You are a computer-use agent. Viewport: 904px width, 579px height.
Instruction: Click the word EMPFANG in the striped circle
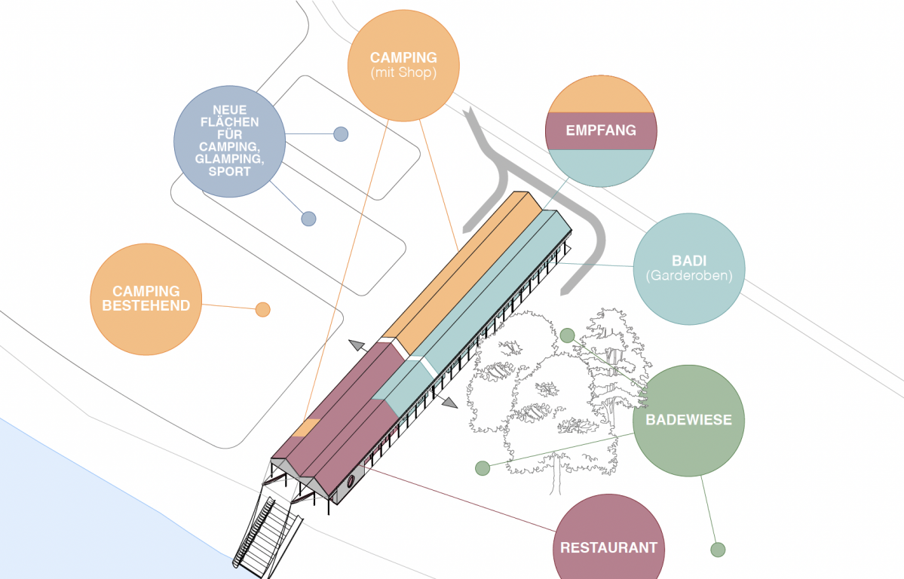pyautogui.click(x=601, y=130)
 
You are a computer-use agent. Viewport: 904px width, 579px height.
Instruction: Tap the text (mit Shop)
pyautogui.click(x=403, y=73)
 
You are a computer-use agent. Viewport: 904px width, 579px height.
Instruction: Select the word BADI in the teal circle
pyautogui.click(x=688, y=262)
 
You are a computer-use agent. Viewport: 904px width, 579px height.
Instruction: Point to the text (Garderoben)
pyautogui.click(x=688, y=276)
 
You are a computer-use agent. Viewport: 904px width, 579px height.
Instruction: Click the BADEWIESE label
pyautogui.click(x=688, y=420)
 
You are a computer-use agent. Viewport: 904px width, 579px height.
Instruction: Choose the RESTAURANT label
pyautogui.click(x=608, y=548)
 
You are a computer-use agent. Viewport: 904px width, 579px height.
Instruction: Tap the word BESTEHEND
pyautogui.click(x=146, y=305)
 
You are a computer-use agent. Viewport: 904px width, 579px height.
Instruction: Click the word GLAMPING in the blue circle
pyautogui.click(x=229, y=160)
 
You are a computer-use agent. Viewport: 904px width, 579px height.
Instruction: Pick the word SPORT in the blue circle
pyautogui.click(x=229, y=172)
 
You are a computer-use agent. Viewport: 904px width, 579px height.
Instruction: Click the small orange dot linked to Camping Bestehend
pyautogui.click(x=262, y=309)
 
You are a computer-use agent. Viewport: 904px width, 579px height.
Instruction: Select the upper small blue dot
pyautogui.click(x=341, y=134)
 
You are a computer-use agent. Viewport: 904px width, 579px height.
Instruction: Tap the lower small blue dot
pyautogui.click(x=308, y=219)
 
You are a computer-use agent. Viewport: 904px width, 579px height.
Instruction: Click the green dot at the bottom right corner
pyautogui.click(x=718, y=550)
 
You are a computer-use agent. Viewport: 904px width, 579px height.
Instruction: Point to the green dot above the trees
pyautogui.click(x=567, y=335)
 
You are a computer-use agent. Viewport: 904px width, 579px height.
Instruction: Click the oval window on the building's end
pyautogui.click(x=351, y=481)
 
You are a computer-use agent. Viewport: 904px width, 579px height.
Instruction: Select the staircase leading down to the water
pyautogui.click(x=264, y=528)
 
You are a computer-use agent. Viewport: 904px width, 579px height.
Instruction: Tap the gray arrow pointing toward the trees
pyautogui.click(x=449, y=403)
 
